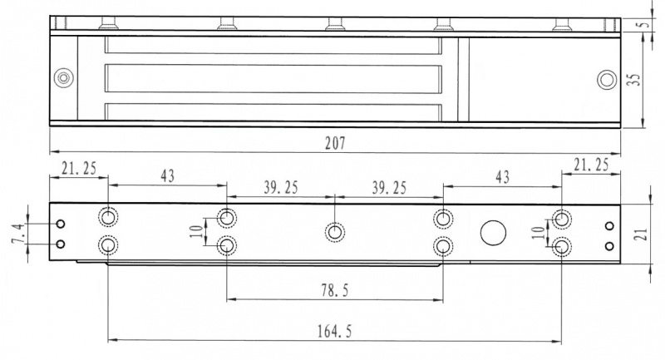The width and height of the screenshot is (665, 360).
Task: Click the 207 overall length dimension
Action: [x=336, y=143]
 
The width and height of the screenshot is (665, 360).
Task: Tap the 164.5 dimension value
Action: [x=335, y=331]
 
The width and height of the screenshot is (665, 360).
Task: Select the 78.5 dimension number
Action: [x=335, y=290]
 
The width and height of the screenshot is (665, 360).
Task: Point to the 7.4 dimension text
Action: [x=18, y=234]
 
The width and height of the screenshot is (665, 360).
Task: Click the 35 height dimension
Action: [x=633, y=79]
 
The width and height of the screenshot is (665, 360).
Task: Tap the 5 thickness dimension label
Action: [x=645, y=24]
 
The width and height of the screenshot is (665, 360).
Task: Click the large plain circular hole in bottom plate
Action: [x=493, y=233]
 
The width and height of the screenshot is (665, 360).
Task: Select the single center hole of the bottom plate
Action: [x=335, y=232]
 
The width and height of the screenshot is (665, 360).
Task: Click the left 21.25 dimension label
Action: [x=79, y=168]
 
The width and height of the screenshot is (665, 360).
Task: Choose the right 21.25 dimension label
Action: [x=591, y=165]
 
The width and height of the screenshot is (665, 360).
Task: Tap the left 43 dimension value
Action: [x=168, y=175]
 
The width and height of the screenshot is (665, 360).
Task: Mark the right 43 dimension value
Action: [x=503, y=176]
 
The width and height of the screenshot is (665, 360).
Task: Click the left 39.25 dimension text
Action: [x=281, y=187]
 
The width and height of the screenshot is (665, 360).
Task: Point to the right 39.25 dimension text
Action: [x=389, y=187]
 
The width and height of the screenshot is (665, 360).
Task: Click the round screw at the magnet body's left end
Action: [x=64, y=78]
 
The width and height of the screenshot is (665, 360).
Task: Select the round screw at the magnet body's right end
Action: [x=607, y=80]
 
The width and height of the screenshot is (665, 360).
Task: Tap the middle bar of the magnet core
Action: [x=273, y=78]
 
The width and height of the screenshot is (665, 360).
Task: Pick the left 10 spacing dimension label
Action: [x=196, y=231]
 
